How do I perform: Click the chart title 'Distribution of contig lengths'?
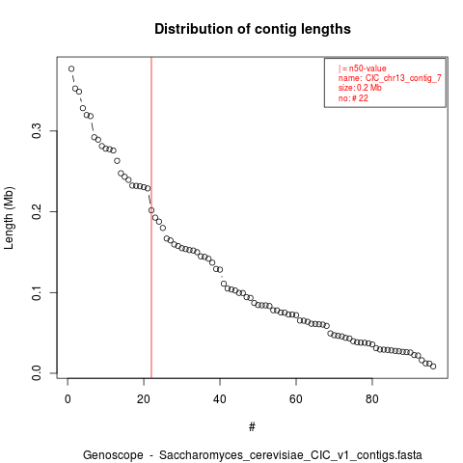pos(253,29)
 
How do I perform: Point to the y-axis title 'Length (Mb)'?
pos(9,218)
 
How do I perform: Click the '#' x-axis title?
pos(252,426)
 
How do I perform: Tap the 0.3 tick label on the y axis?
pos(37,131)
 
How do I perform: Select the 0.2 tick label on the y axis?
pos(37,211)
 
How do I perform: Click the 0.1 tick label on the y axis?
pos(37,292)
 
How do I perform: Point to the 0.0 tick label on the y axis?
pos(37,373)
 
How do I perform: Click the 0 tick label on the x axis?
pos(68,399)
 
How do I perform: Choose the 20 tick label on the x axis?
pos(144,399)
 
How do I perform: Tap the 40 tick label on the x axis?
pos(220,399)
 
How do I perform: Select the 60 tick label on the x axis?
pos(296,399)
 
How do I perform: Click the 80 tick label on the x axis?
pos(372,399)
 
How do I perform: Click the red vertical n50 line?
pos(151,218)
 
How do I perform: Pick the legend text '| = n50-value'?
pos(362,68)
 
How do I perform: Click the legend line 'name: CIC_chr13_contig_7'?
pos(390,78)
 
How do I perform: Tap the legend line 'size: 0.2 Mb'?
pos(360,88)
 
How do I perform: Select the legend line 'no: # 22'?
pos(353,97)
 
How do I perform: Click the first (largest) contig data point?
pos(71,68)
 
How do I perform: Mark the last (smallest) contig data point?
pos(433,367)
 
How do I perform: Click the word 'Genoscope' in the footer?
pos(113,455)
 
